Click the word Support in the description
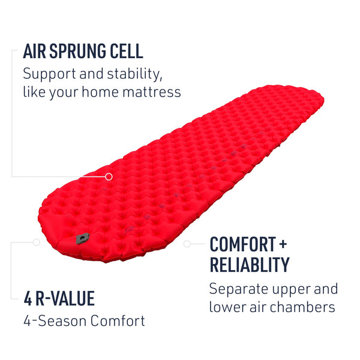point(49,76)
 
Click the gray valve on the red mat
point(82,238)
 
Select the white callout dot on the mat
point(109,176)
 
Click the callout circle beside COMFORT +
point(187,244)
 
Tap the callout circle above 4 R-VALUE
point(37,242)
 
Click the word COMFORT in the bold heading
point(242,245)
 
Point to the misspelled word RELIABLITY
point(249,265)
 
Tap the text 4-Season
point(55,321)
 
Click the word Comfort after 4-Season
point(118,321)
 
